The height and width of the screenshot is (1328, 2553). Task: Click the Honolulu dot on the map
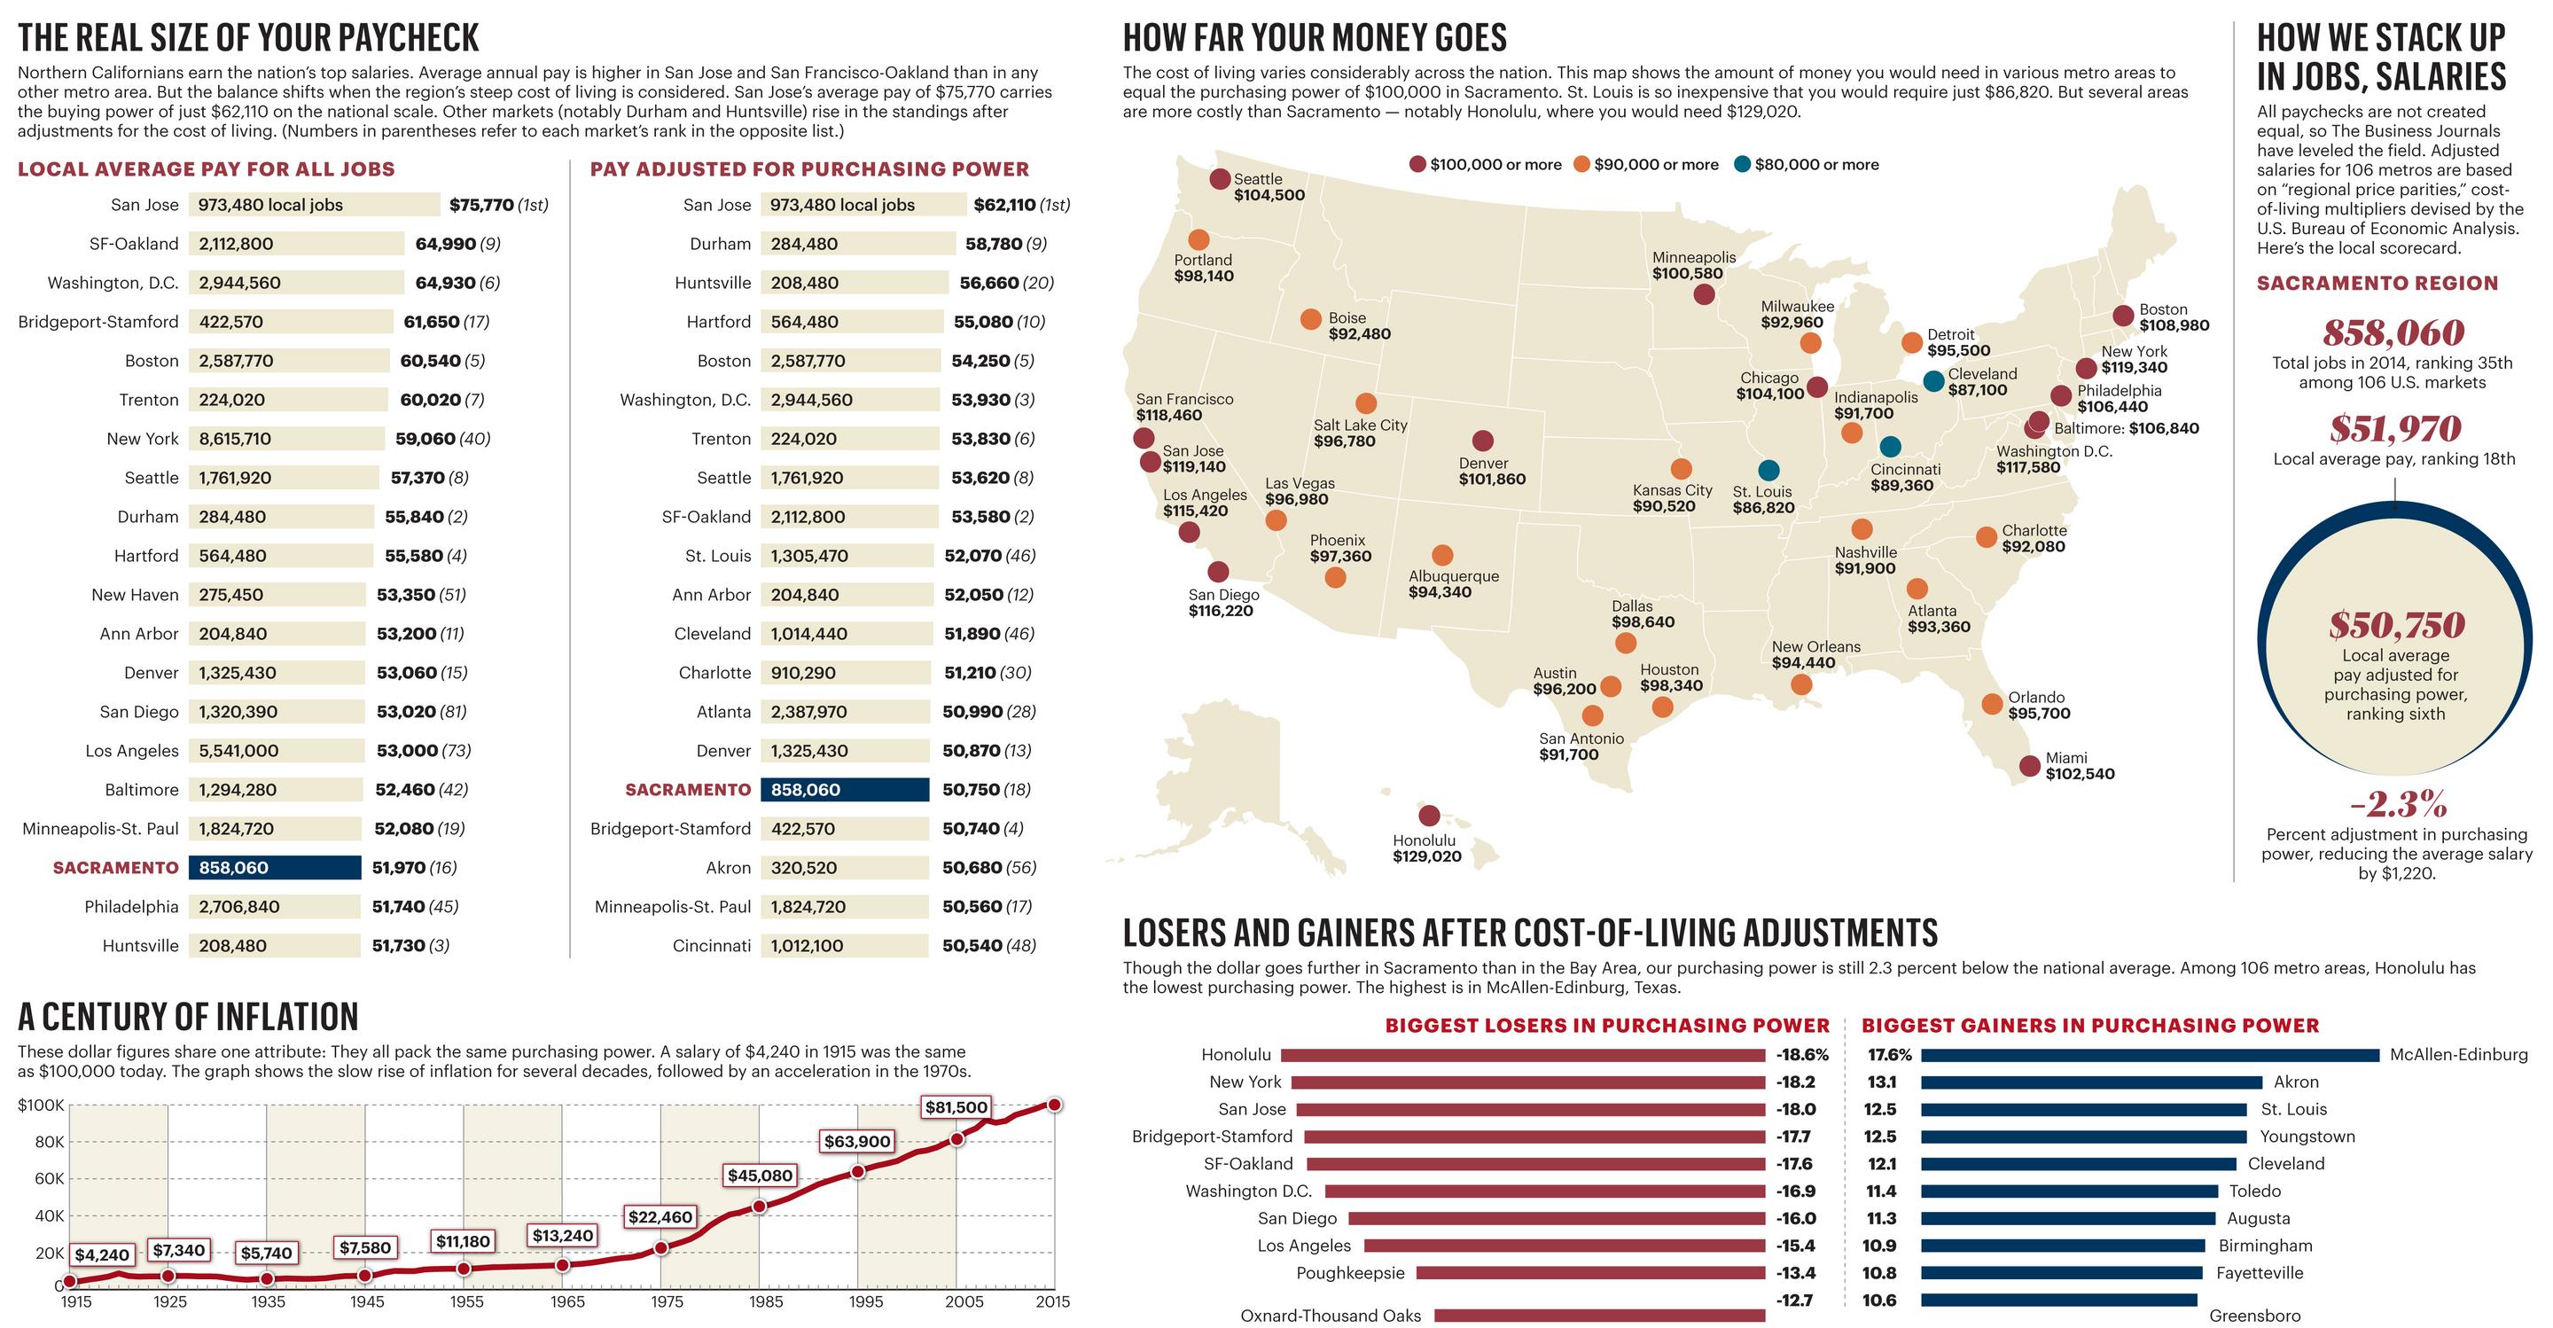tap(1428, 816)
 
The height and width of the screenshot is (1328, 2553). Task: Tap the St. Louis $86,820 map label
tap(1763, 499)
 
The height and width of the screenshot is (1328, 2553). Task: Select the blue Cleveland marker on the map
tap(1932, 380)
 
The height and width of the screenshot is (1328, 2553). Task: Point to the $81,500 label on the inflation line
tap(956, 1107)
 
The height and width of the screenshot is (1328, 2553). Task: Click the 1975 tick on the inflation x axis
tap(666, 1302)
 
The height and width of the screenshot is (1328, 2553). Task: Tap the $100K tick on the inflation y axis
tap(41, 1105)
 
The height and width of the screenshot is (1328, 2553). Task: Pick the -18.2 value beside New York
tap(1795, 1082)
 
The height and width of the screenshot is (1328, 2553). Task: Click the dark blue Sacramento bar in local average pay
tap(275, 867)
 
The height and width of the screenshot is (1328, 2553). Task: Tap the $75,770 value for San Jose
tap(480, 205)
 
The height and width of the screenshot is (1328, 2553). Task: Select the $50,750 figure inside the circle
tap(2395, 625)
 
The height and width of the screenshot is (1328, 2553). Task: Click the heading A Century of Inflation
tap(188, 1017)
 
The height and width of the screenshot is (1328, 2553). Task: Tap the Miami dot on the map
tap(2029, 765)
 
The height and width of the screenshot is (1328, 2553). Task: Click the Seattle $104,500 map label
tap(1269, 187)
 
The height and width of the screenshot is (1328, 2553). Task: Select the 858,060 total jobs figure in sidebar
tap(2393, 332)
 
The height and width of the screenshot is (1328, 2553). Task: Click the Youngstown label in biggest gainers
tap(2307, 1137)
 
